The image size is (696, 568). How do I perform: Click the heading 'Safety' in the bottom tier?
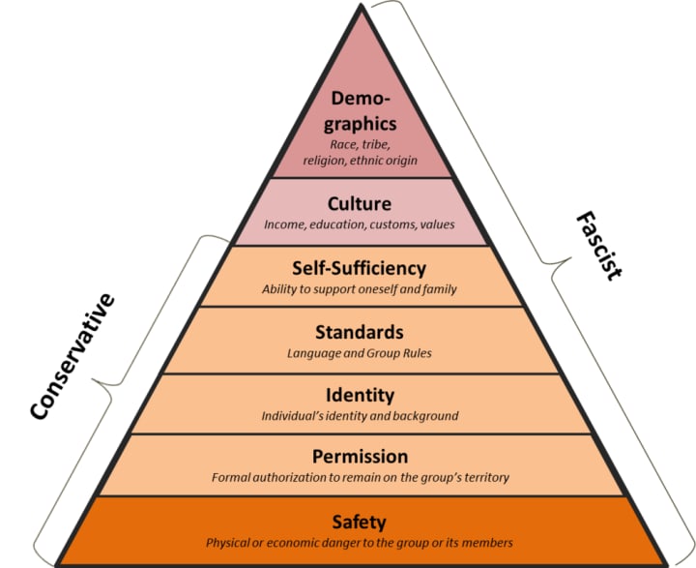[x=359, y=523]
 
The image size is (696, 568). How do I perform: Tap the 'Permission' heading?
[x=360, y=456]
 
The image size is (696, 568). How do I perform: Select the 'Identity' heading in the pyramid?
[x=360, y=395]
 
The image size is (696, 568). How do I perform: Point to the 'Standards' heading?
[x=360, y=332]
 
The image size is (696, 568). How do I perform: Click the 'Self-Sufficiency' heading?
[x=359, y=268]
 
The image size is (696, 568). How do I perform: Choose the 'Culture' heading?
[x=360, y=204]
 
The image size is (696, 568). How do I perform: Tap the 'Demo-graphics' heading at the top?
[x=363, y=111]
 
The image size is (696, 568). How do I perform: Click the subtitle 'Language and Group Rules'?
[x=360, y=353]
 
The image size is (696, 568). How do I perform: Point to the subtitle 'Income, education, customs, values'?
[x=360, y=224]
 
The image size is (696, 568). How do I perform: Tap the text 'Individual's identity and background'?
[x=360, y=416]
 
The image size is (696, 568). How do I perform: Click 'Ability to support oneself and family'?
[x=359, y=289]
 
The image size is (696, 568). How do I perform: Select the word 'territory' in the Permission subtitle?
[x=482, y=477]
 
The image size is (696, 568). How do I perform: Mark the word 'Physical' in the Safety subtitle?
[x=229, y=543]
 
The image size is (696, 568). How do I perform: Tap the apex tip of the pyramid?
[x=363, y=6]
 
